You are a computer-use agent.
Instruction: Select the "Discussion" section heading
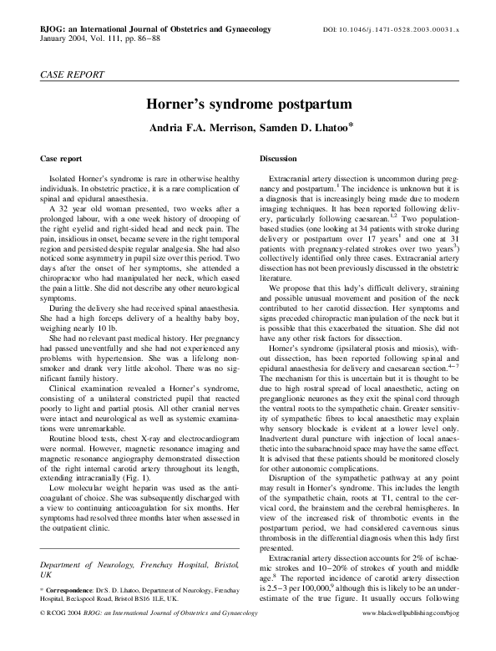(x=278, y=158)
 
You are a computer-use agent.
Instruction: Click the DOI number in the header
(x=408, y=28)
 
